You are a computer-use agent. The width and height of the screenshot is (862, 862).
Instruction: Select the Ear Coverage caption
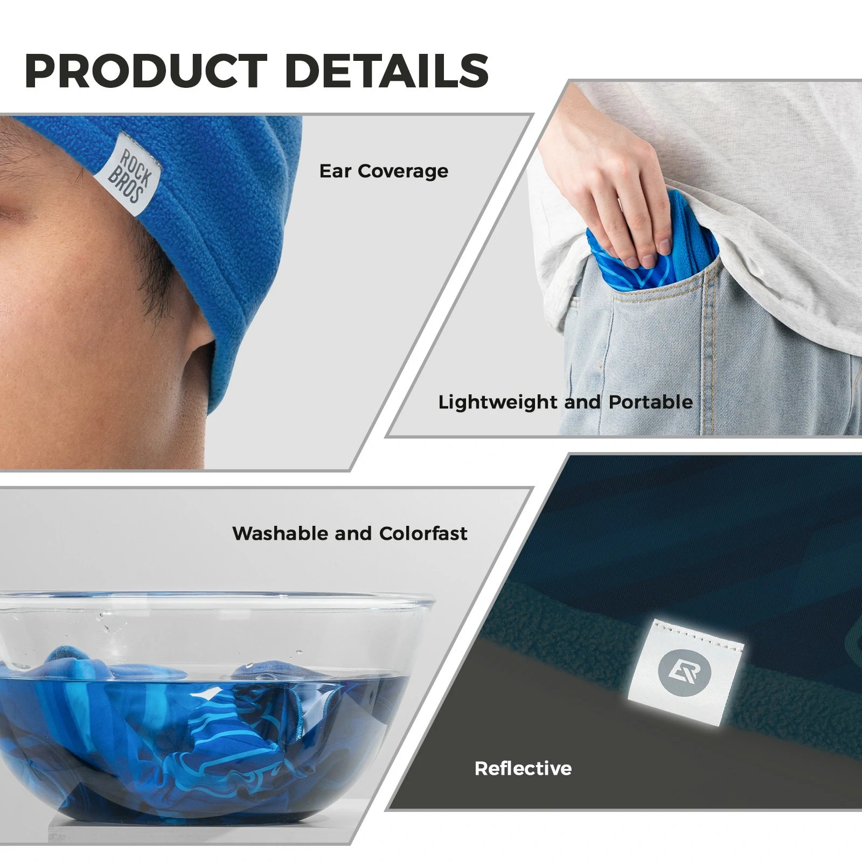(384, 171)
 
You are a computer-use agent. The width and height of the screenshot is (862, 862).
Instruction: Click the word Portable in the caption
(650, 402)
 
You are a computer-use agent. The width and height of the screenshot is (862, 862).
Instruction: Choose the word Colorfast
(423, 533)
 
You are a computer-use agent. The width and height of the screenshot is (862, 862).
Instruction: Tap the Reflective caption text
(523, 768)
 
